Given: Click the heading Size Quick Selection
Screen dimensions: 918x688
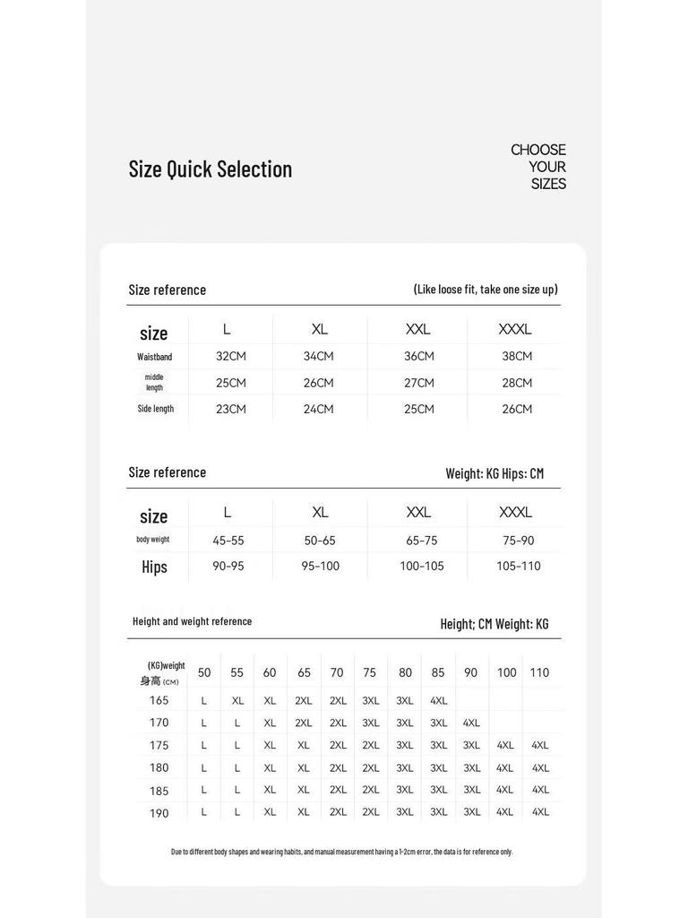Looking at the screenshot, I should pos(210,169).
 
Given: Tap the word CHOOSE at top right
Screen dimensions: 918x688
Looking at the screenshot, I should pos(537,150).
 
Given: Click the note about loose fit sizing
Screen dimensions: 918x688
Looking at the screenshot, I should pos(486,290).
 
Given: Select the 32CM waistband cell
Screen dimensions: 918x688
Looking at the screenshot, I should pos(230,357).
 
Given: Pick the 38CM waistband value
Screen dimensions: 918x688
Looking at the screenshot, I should pos(517,357).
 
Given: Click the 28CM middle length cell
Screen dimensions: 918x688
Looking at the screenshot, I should pos(517,383).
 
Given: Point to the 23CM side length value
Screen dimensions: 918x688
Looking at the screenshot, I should pos(230,409).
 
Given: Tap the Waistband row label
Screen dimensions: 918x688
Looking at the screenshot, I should pos(155,357).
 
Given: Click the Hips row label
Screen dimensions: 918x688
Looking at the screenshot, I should pos(154,567).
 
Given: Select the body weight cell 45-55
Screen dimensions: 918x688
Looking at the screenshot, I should pos(228,541).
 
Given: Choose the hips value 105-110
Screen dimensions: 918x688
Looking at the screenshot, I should pos(519,567).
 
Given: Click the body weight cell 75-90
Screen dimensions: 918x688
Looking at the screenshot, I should pos(519,541).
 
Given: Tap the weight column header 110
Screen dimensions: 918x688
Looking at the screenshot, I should pos(539,672).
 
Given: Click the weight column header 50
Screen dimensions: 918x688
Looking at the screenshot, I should pos(204,672).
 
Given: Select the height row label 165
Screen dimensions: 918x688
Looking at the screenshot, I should pos(159,700).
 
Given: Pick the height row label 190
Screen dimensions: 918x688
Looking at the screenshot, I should pos(159,812).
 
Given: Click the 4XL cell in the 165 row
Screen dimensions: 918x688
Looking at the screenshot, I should pos(438,701).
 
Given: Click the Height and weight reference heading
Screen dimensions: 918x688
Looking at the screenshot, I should pos(192,621).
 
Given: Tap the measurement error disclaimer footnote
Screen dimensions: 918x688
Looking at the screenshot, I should pos(342,852).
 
